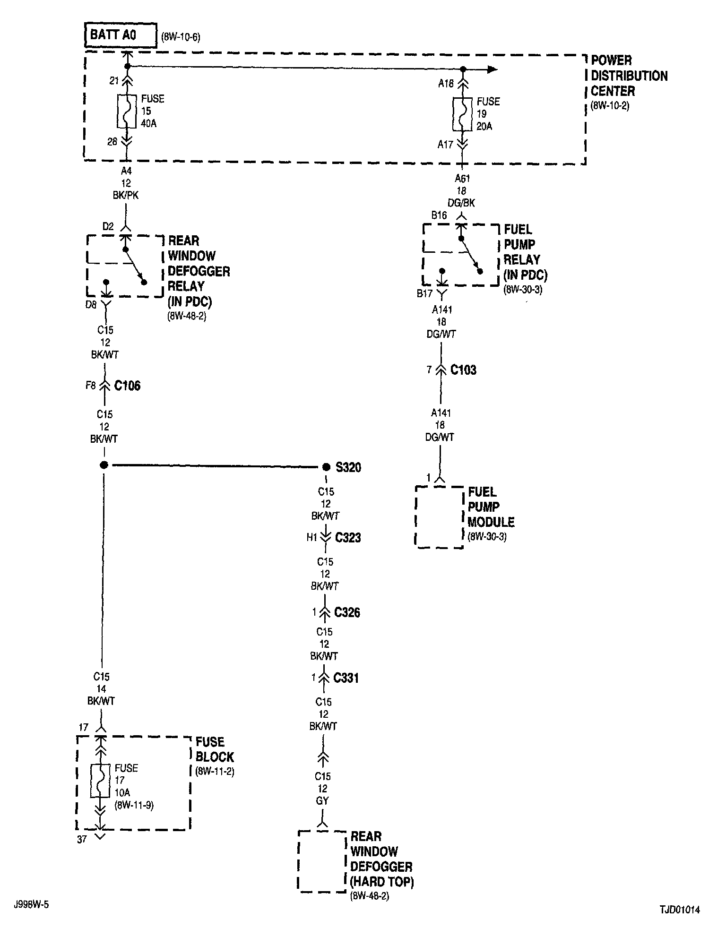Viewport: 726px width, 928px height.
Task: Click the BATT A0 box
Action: click(x=121, y=35)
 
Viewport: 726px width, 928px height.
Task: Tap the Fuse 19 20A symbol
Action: click(x=463, y=114)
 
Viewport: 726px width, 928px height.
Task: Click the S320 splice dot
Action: click(x=326, y=467)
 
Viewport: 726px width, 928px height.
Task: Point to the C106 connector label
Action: click(x=127, y=386)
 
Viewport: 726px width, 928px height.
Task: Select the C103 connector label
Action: click(x=463, y=369)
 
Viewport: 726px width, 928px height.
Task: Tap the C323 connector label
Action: click(x=348, y=537)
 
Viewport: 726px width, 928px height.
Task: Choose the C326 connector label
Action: click(x=347, y=612)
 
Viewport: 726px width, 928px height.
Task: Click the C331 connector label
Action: click(x=346, y=678)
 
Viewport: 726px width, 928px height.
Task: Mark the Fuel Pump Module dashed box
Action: click(x=439, y=517)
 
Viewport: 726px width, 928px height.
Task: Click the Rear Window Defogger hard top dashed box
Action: click(x=322, y=861)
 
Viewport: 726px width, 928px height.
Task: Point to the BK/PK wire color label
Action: click(x=126, y=195)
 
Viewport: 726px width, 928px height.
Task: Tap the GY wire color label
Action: click(x=322, y=800)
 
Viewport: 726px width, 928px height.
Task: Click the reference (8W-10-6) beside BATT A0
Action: click(x=181, y=37)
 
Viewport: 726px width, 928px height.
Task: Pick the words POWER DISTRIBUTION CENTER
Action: click(x=629, y=76)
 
